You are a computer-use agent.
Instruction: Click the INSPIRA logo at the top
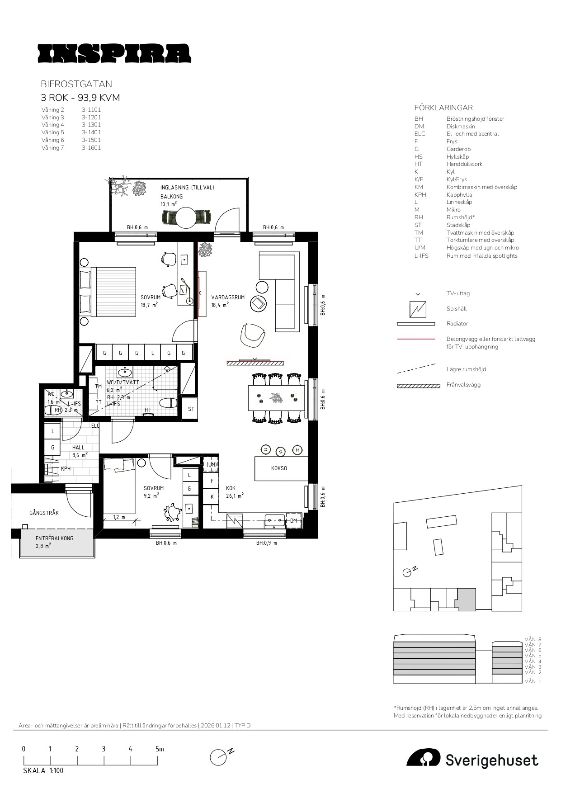[114, 53]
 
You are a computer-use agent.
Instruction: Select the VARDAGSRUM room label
[228, 297]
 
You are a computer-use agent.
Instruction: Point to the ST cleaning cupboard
[191, 409]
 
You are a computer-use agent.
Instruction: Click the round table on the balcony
[186, 218]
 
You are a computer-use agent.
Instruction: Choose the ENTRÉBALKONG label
[54, 538]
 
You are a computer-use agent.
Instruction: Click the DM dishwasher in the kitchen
[294, 521]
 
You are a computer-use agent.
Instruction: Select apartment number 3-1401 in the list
[91, 132]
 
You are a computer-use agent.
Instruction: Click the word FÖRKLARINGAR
[443, 108]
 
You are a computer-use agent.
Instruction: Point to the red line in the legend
[416, 339]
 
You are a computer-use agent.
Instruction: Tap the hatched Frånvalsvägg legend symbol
[418, 386]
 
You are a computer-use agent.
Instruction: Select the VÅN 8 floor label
[533, 640]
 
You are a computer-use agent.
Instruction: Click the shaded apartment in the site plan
[467, 599]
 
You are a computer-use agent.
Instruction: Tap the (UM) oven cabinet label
[212, 464]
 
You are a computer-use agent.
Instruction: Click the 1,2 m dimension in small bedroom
[119, 517]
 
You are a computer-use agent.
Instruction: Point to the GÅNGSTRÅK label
[44, 513]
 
